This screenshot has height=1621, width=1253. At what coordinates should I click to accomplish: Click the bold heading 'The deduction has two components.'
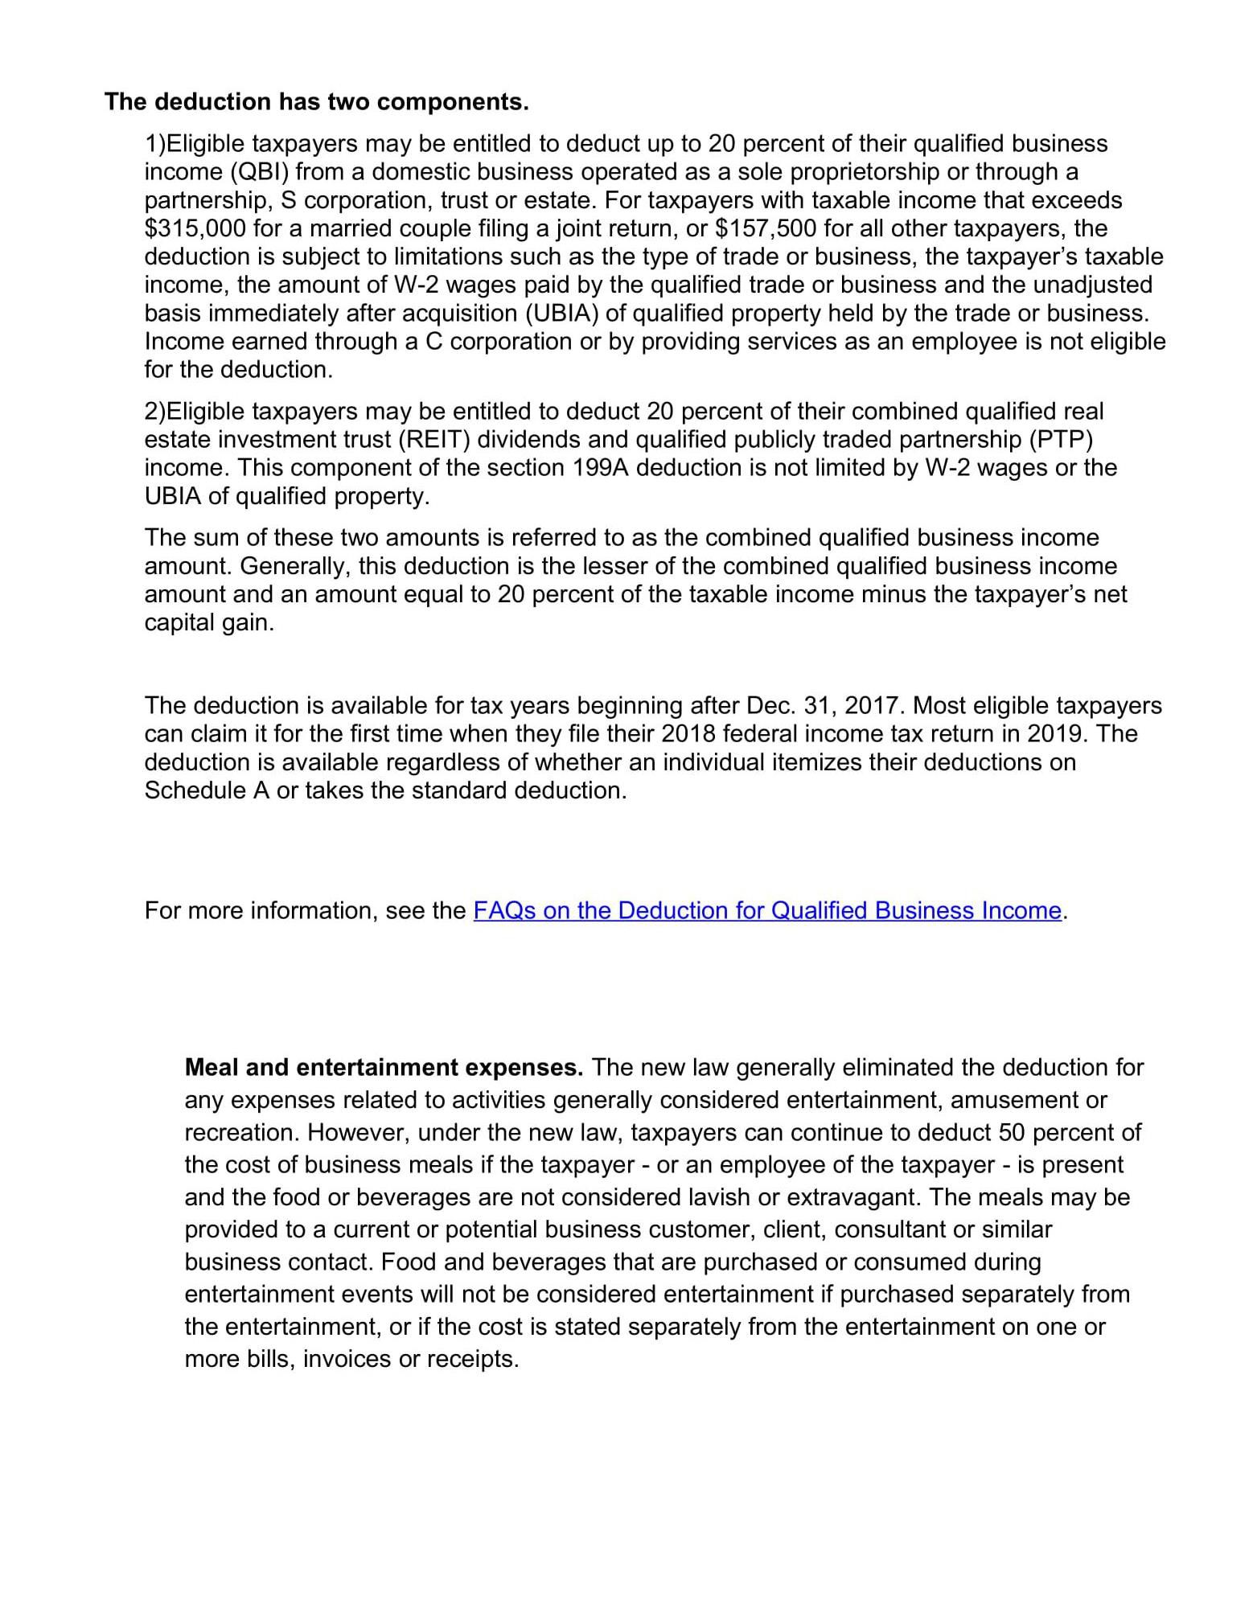(x=317, y=102)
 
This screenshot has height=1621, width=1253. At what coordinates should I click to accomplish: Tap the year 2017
(x=873, y=706)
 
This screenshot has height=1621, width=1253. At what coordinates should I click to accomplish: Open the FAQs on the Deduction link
(x=767, y=910)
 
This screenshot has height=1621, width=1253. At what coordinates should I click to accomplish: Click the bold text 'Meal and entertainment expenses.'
(x=384, y=1068)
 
